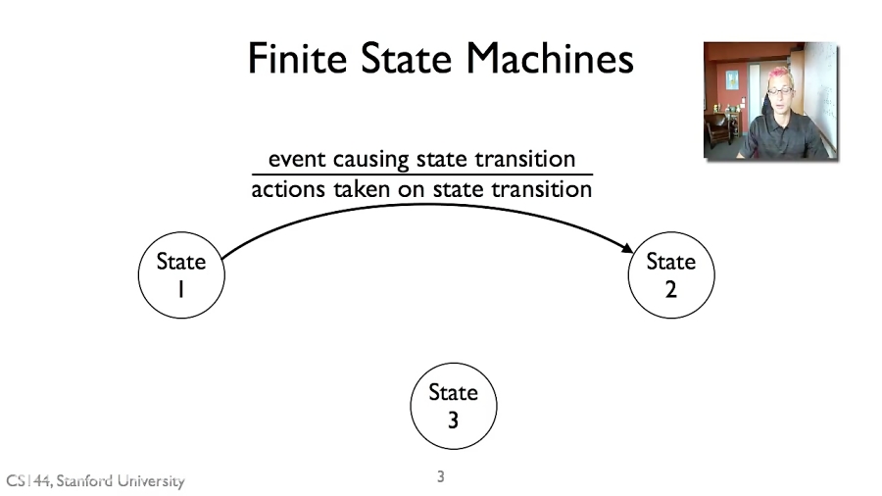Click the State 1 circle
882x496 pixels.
tap(181, 275)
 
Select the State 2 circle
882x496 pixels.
tap(670, 275)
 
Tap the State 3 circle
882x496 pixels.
tap(453, 406)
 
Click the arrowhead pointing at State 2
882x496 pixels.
tap(627, 251)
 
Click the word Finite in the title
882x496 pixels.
tap(283, 59)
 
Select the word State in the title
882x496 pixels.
tap(396, 59)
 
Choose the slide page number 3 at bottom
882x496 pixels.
tap(441, 477)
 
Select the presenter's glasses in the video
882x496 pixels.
tap(781, 91)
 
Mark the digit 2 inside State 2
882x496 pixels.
tap(670, 290)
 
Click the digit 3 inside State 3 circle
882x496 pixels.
tap(453, 421)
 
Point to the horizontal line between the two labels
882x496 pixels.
tap(421, 174)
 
